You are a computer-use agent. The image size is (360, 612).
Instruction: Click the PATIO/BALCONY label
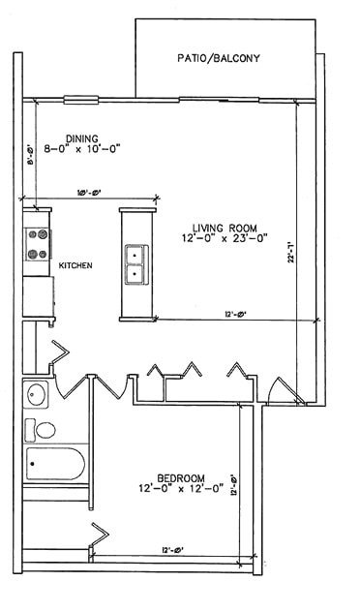click(218, 59)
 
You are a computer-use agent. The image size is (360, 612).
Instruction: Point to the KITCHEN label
click(75, 265)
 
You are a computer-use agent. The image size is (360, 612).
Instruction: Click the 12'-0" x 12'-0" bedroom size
click(181, 490)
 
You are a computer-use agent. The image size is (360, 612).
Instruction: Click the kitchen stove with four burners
click(38, 244)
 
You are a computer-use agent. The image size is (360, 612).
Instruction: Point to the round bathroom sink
click(37, 394)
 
